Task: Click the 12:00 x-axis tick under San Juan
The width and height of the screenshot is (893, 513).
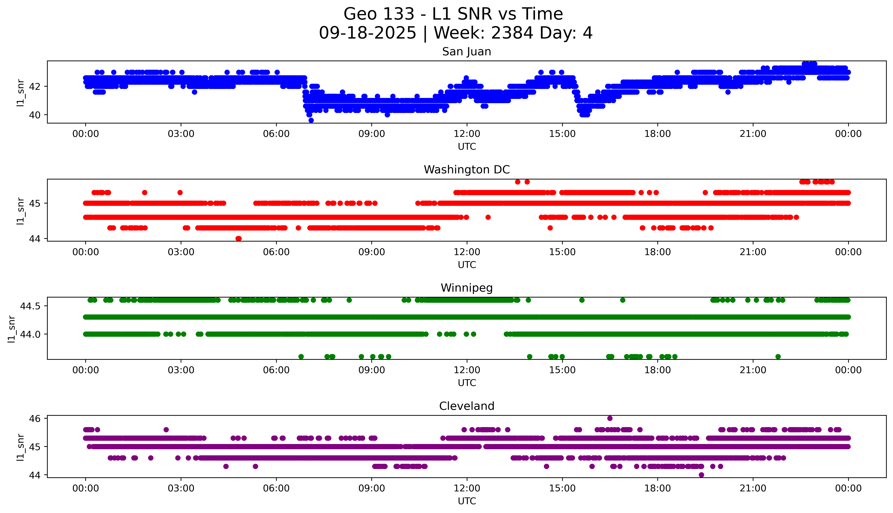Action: coord(467,134)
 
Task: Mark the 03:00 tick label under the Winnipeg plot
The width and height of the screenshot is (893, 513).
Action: coord(181,370)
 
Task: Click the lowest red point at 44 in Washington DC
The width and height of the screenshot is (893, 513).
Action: coord(239,238)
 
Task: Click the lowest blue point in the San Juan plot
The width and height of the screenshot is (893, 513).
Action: coord(311,120)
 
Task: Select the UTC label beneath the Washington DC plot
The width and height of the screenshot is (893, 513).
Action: coord(467,265)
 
